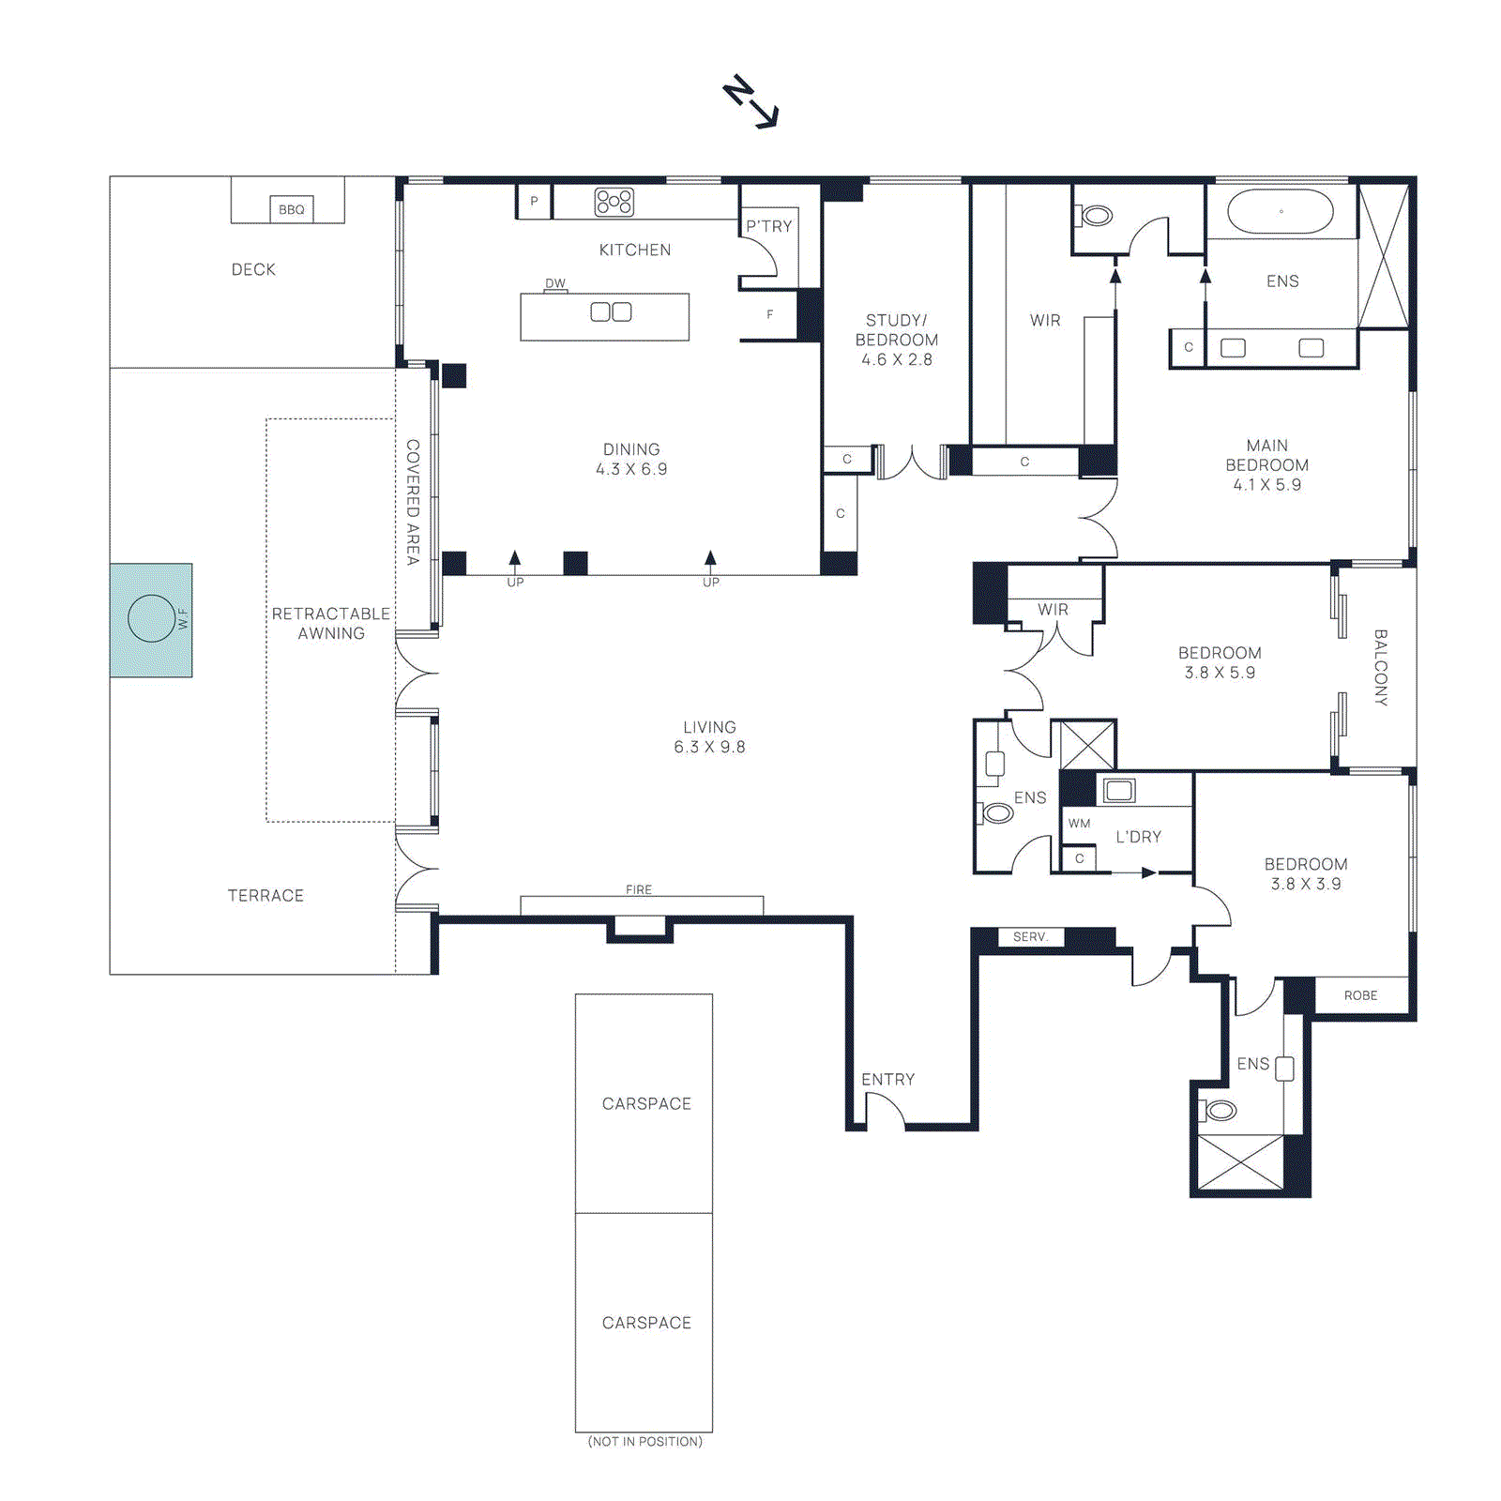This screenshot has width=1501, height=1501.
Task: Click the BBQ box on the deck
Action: coord(291,209)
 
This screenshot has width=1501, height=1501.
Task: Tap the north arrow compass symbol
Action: coord(750,101)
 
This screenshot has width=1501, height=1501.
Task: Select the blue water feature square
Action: coord(151,620)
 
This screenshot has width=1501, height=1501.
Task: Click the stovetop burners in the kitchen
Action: coord(614,202)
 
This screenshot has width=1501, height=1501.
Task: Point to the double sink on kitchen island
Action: coord(611,312)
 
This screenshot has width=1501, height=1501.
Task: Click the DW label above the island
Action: coord(555,283)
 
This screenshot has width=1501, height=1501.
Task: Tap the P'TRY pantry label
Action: coord(769,226)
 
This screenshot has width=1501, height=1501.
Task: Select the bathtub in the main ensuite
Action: coord(1281,212)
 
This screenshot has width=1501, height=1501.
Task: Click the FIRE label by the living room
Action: coord(639,889)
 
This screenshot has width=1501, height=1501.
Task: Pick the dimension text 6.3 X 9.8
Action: coord(709,748)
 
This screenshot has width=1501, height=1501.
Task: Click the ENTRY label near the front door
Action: coord(887,1080)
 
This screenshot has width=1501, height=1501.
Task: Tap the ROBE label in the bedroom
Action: coord(1360,995)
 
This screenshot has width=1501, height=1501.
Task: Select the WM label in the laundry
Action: coord(1079,824)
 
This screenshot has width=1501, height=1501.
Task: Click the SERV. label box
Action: coord(1030,937)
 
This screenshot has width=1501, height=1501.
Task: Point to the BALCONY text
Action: coord(1380,667)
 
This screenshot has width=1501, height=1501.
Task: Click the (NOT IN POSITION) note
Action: coord(644,1442)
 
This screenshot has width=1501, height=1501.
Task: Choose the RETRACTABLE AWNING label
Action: coord(330,624)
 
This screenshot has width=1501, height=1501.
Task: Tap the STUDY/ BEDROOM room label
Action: coord(896,330)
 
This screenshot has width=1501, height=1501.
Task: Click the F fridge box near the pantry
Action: coord(769,315)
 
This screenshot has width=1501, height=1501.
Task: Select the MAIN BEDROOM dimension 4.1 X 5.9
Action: coord(1266,485)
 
